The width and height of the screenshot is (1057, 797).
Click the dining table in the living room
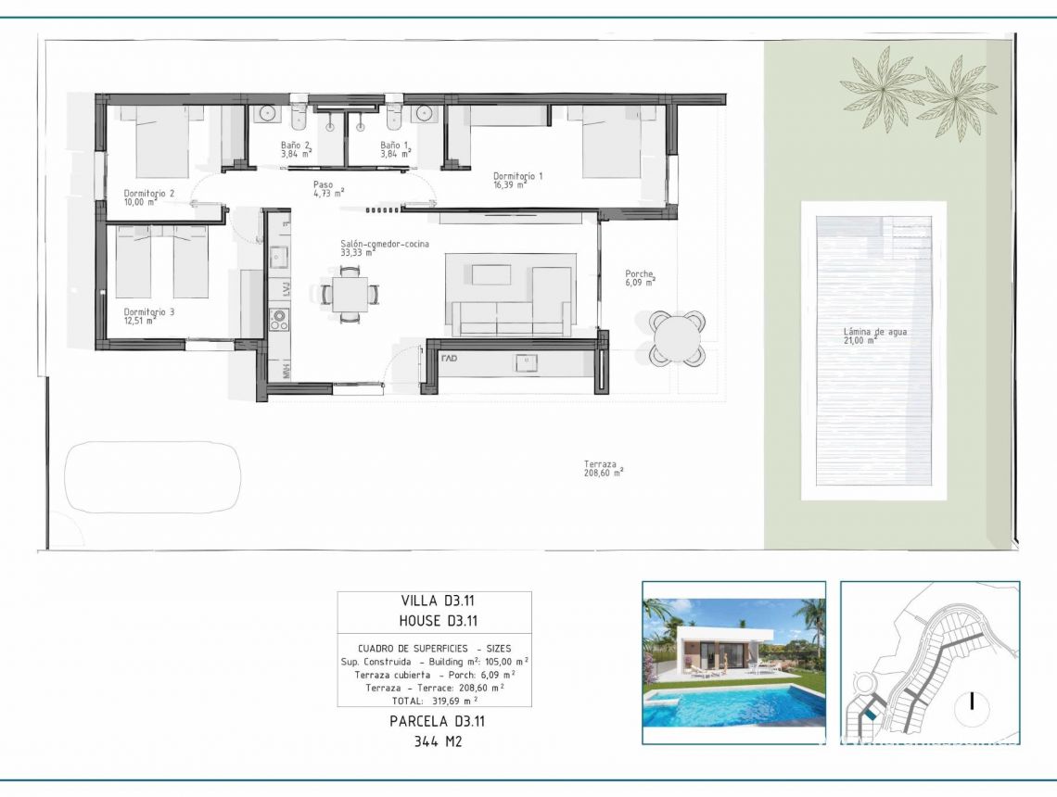350,294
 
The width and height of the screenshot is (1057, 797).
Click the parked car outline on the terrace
153,477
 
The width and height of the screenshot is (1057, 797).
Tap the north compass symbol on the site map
972,701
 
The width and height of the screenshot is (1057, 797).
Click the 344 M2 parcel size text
434,740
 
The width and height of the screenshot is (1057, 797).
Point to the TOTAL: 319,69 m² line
434,701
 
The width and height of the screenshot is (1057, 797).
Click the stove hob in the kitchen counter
278,320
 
